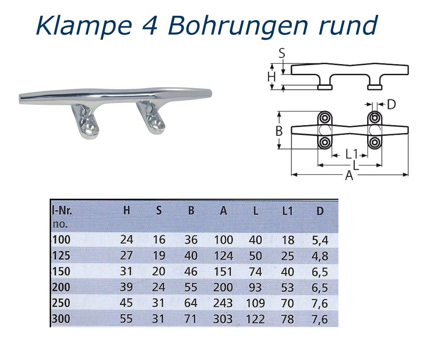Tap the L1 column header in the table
pyautogui.click(x=287, y=211)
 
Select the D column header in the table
pyautogui.click(x=320, y=211)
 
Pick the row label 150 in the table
pyautogui.click(x=61, y=271)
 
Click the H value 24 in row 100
pyautogui.click(x=126, y=240)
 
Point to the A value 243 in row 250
pyautogui.click(x=223, y=303)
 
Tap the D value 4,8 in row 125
pyautogui.click(x=320, y=256)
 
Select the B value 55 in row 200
pyautogui.click(x=191, y=287)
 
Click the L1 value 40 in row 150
pyautogui.click(x=287, y=271)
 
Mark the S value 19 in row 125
pyautogui.click(x=158, y=256)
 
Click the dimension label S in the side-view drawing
pyautogui.click(x=282, y=54)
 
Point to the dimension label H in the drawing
pyautogui.click(x=272, y=76)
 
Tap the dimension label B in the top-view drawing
pyautogui.click(x=279, y=131)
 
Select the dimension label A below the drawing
pyautogui.click(x=349, y=176)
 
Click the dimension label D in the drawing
pyautogui.click(x=391, y=105)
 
